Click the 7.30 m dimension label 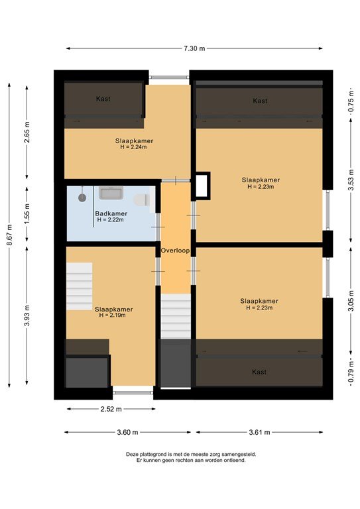pos(195,48)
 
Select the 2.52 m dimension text pos(109,409)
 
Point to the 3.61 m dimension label pos(259,432)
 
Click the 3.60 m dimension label pos(127,432)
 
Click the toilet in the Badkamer pos(141,199)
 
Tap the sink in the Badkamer pos(109,193)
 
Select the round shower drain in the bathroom pos(82,197)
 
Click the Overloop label pos(175,251)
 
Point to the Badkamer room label pos(111,213)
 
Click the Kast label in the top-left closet pos(103,99)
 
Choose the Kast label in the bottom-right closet pos(259,372)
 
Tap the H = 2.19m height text pos(113,315)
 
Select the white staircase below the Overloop pos(176,316)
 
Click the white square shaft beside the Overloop pos(201,186)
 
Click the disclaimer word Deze pos(133,454)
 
